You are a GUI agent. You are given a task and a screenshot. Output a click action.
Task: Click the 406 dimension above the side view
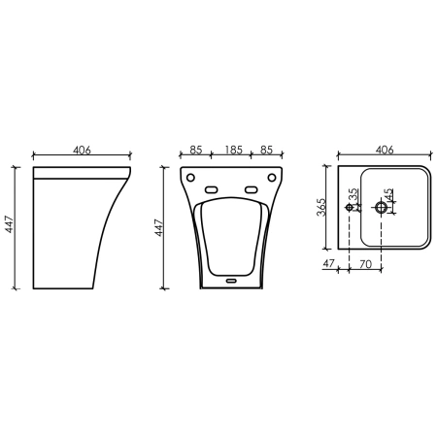[x=82, y=151]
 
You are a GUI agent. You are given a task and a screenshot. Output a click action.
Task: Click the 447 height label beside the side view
[x=10, y=224]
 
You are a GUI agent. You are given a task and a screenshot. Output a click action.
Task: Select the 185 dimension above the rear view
[x=234, y=150]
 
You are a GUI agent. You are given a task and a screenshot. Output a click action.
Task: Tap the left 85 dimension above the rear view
[x=196, y=150]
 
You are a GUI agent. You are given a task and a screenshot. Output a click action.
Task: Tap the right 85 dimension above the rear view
[x=267, y=150]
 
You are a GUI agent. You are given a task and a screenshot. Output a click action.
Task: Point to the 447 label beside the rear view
[x=158, y=227]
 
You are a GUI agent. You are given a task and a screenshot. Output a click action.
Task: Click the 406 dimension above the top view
[x=385, y=150]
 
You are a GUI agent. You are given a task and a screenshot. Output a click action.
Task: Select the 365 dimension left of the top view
[x=321, y=207]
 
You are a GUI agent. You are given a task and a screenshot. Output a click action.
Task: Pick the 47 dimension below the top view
[x=328, y=263]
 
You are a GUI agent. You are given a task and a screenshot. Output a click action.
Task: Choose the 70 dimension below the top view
[x=366, y=264]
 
